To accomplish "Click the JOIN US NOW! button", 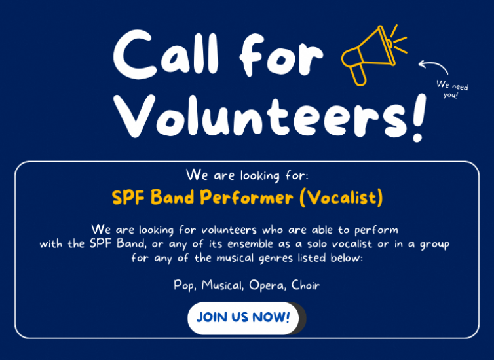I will tap(243, 317).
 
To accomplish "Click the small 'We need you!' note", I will tap(453, 89).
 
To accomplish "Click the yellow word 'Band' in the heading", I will tap(173, 197).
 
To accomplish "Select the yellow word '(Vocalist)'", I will tap(341, 197).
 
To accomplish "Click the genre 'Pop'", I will tap(185, 285).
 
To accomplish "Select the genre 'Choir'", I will tap(306, 285).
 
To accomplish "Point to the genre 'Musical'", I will tap(223, 285).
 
